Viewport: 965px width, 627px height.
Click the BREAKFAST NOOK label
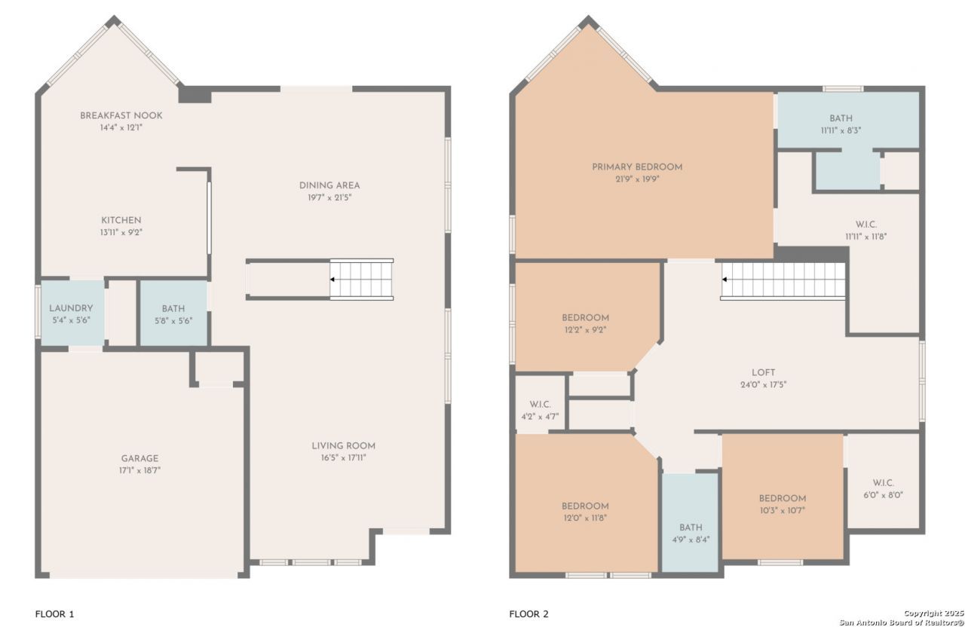(121, 115)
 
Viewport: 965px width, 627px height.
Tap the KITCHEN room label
(121, 220)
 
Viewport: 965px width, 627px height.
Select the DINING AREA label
(329, 185)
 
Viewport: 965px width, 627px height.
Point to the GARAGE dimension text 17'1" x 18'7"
(139, 470)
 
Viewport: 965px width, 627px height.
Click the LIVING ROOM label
(343, 445)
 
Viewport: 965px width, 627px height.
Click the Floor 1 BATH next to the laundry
(173, 313)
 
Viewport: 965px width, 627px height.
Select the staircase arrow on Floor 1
(332, 280)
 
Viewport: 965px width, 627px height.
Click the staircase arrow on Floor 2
(725, 280)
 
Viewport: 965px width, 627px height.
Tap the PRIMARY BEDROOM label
(637, 167)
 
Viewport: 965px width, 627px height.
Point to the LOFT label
(764, 372)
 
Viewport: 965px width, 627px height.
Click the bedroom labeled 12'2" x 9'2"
(585, 318)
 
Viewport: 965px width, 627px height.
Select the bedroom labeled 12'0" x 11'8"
(585, 506)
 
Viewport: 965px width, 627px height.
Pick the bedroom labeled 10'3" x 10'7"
(783, 498)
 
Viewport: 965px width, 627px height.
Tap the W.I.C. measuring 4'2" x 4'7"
(541, 405)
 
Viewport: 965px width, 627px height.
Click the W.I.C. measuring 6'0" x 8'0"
(883, 483)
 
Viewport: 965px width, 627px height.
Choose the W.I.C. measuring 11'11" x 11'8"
(866, 225)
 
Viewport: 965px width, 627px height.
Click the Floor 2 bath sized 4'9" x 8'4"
(691, 528)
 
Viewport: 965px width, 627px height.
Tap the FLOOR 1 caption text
(55, 614)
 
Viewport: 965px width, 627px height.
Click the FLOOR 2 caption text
(529, 614)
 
